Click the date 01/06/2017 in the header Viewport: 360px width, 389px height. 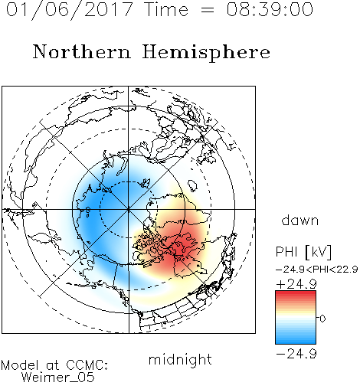coord(70,10)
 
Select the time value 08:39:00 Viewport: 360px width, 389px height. coord(270,9)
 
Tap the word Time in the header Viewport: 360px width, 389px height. coord(166,9)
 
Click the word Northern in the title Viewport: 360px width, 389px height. coord(82,51)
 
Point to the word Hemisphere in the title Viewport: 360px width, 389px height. coord(206,53)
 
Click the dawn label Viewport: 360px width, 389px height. coord(300,220)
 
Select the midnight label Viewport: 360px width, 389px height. coord(180,359)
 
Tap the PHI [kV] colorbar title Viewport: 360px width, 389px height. coord(303,252)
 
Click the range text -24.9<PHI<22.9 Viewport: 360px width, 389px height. coord(317,270)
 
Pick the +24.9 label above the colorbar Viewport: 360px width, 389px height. coord(296,284)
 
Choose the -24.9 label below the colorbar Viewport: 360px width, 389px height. coord(296,354)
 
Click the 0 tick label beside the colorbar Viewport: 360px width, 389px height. coord(322,319)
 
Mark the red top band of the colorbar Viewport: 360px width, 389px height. coord(296,294)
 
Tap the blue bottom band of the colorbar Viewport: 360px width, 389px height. coord(296,340)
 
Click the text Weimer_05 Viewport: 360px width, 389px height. coord(58,378)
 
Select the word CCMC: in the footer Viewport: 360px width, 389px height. coord(87,365)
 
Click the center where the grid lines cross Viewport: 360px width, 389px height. coord(129,209)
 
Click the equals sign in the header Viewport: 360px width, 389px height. coord(208,10)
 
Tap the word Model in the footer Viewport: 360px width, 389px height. coord(21,365)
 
